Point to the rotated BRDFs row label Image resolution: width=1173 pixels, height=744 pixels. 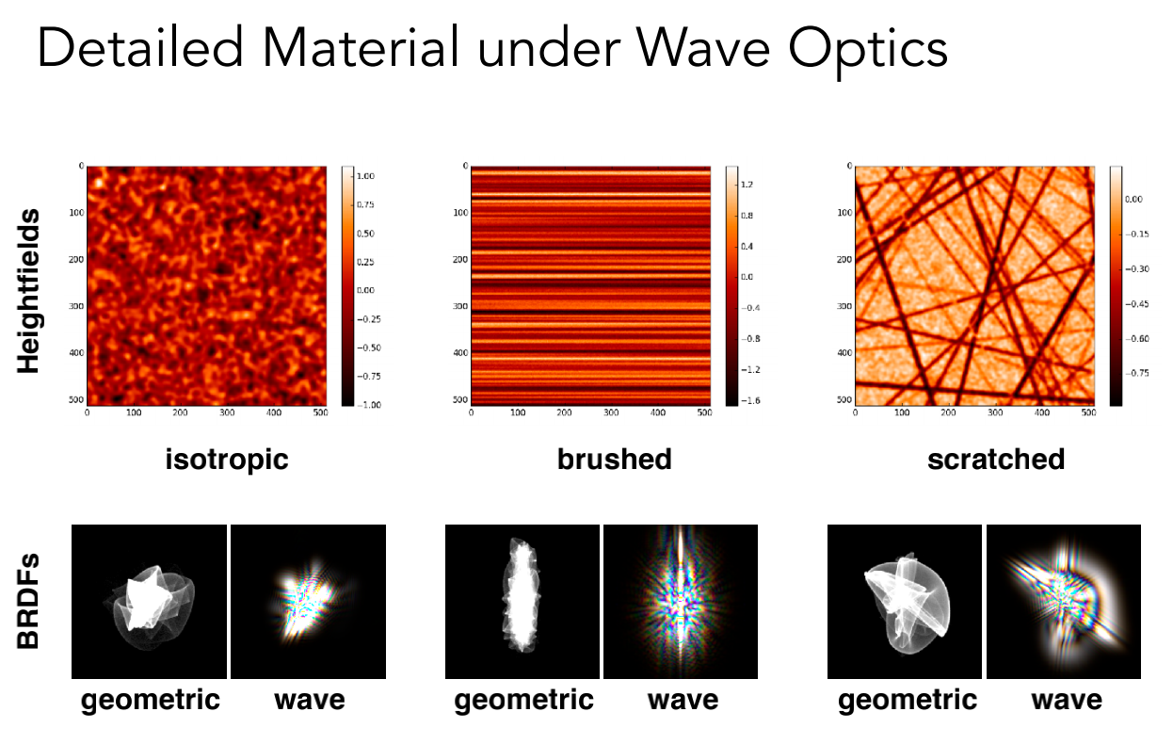[29, 600]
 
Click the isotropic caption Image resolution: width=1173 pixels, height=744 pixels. [226, 459]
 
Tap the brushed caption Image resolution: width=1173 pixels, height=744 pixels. [614, 459]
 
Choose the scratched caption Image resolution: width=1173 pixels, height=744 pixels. [996, 459]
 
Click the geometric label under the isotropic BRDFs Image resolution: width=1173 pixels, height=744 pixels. [151, 700]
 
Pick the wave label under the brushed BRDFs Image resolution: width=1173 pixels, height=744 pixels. [683, 700]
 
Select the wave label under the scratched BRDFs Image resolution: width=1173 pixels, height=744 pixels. [1066, 700]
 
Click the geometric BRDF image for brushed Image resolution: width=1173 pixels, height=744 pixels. [522, 601]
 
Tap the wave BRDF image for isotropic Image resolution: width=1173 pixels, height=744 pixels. [308, 601]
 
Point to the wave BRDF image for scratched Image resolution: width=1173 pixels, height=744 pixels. [1063, 601]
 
